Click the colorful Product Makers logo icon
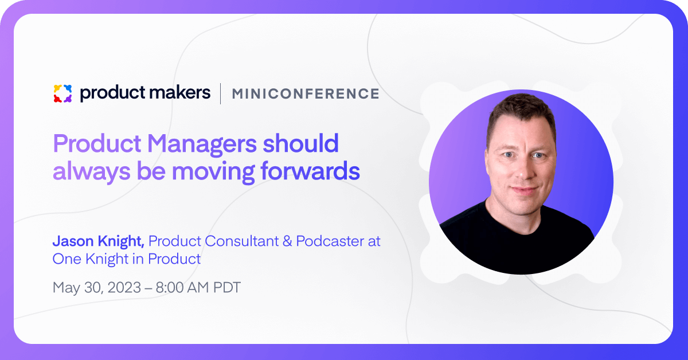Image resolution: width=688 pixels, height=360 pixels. click(x=62, y=93)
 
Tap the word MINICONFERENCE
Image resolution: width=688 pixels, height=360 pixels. click(x=306, y=93)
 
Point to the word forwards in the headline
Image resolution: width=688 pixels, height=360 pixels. click(x=310, y=170)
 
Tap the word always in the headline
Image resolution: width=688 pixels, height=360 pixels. click(x=92, y=171)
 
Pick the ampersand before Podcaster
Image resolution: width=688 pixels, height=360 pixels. click(x=287, y=241)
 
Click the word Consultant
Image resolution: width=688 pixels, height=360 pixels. click(x=242, y=241)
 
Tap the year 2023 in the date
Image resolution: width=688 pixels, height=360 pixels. click(x=124, y=288)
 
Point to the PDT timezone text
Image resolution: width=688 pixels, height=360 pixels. click(x=227, y=288)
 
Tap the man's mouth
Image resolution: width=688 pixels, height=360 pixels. click(x=525, y=190)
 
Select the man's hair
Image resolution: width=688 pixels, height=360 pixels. click(x=522, y=114)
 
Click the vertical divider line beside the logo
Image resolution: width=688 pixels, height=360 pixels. click(x=221, y=93)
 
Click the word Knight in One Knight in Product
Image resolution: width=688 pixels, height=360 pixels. click(x=107, y=259)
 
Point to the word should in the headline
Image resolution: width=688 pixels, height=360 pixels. click(x=300, y=143)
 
